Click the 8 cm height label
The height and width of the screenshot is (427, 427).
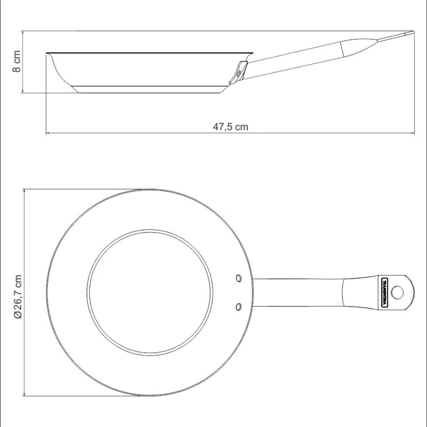[x=17, y=61]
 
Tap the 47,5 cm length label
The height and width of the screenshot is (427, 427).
[x=230, y=127]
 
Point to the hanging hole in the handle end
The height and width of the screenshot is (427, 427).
[x=397, y=292]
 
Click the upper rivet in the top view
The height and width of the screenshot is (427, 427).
[x=239, y=278]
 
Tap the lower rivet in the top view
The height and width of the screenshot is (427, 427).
[x=239, y=306]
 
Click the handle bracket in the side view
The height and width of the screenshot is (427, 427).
[x=238, y=73]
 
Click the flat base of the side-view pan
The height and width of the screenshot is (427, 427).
[x=150, y=90]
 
